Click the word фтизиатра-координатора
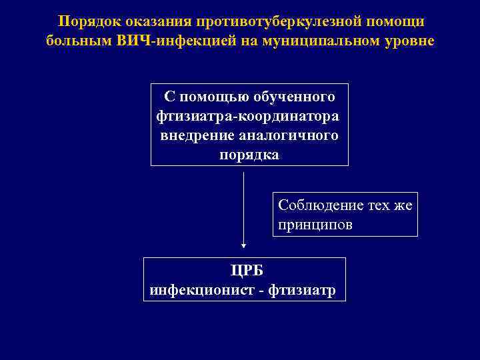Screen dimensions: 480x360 [247, 117]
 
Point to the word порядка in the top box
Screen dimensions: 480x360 [249, 155]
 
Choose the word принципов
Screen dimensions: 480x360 [315, 225]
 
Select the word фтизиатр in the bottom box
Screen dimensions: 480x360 [307, 290]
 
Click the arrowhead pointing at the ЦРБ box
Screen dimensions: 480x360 [244, 244]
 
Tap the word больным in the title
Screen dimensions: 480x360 [71, 41]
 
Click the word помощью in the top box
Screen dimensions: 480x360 [214, 97]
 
